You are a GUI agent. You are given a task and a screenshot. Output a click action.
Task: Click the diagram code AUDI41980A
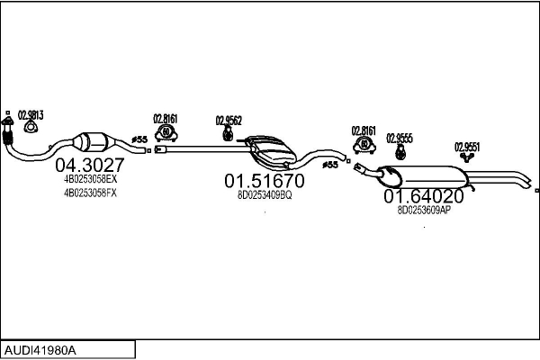pyautogui.click(x=41, y=349)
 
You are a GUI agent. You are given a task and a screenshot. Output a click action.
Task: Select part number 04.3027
pyautogui.click(x=90, y=166)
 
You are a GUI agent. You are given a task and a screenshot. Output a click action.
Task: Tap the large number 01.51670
pyautogui.click(x=264, y=181)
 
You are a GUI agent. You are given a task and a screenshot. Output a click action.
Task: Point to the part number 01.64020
pyautogui.click(x=424, y=195)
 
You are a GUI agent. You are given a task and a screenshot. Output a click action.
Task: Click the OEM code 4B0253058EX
pyautogui.click(x=90, y=180)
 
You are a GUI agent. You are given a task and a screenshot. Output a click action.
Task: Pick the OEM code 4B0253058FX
pyautogui.click(x=90, y=193)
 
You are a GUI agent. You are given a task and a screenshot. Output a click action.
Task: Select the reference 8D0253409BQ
pyautogui.click(x=264, y=195)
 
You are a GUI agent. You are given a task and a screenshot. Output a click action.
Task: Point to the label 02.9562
pyautogui.click(x=229, y=121)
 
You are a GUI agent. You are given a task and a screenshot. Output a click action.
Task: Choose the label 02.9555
pyautogui.click(x=400, y=138)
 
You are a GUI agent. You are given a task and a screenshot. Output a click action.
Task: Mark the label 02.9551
pyautogui.click(x=466, y=147)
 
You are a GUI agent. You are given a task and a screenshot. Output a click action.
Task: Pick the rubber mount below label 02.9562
pyautogui.click(x=228, y=134)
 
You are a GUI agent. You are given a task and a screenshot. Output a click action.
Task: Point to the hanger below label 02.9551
pyautogui.click(x=467, y=159)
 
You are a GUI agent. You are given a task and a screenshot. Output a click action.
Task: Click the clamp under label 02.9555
pyautogui.click(x=399, y=151)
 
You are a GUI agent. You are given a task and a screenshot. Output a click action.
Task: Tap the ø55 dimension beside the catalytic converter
pyautogui.click(x=139, y=139)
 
